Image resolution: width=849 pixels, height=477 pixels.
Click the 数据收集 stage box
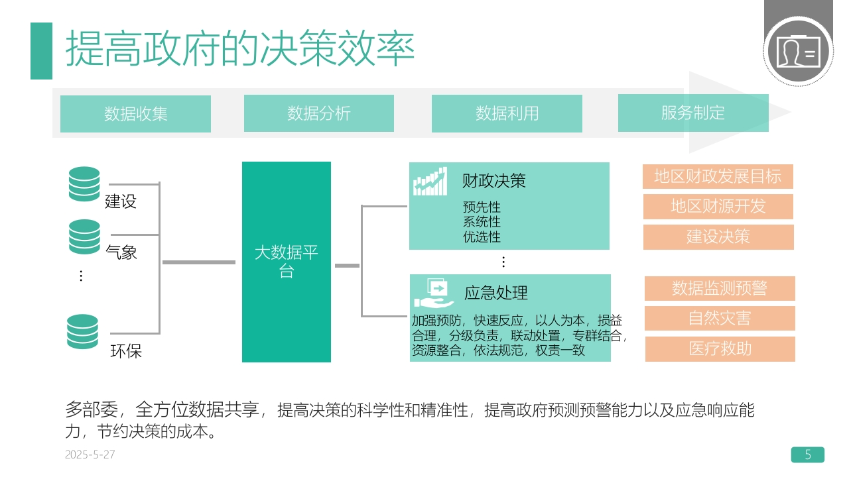(135, 114)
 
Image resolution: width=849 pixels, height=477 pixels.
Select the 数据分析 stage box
(319, 113)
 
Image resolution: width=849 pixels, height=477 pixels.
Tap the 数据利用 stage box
(507, 113)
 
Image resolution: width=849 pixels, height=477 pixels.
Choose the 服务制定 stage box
(693, 113)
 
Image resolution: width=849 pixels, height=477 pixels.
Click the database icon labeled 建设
(84, 184)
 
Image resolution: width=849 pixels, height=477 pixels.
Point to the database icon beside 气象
(84, 237)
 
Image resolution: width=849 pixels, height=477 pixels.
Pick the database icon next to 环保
(82, 332)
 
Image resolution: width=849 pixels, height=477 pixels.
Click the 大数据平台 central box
(287, 262)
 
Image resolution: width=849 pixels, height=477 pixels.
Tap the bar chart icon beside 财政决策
(430, 182)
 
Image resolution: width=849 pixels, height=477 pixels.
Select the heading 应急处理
(495, 293)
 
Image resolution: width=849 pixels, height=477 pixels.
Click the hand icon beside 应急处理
(434, 293)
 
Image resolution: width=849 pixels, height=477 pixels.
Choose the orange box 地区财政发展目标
(718, 176)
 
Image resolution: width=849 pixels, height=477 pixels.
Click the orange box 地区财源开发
(718, 207)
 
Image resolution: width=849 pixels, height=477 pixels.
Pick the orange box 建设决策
(718, 237)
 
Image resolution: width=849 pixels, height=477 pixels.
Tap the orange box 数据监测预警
(720, 288)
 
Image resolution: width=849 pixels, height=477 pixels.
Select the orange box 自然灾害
(720, 319)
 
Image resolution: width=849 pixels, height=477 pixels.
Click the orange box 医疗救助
(720, 349)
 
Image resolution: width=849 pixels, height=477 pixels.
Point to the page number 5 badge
(808, 454)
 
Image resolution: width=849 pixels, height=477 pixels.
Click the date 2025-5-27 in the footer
(90, 454)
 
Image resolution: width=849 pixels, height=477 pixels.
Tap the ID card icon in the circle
(798, 52)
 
